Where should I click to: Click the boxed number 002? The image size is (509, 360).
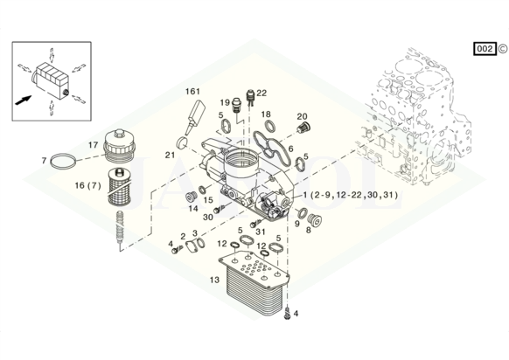pos(485,49)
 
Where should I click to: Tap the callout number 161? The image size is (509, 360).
pos(192,92)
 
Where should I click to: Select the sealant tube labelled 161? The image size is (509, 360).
pos(195,117)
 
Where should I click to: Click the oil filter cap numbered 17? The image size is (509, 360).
pos(119,145)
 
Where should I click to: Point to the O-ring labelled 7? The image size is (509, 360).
pos(64,161)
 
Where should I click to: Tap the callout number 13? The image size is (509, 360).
pos(214,280)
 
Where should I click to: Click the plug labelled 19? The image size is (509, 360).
pos(237,106)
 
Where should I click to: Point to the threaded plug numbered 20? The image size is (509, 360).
pos(303,127)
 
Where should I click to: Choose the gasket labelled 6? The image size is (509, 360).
pos(272,149)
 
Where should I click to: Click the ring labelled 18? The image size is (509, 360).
pos(269,125)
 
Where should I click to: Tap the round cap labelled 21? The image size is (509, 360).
pos(182,142)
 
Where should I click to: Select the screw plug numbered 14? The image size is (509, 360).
pos(191,197)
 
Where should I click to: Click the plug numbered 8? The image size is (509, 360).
pos(314,220)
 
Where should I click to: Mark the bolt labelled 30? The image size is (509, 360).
pos(220,209)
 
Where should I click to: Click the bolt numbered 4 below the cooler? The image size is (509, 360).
pos(286,314)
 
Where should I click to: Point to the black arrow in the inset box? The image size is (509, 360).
pos(24,100)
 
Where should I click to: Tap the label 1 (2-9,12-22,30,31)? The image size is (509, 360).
pos(350,195)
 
